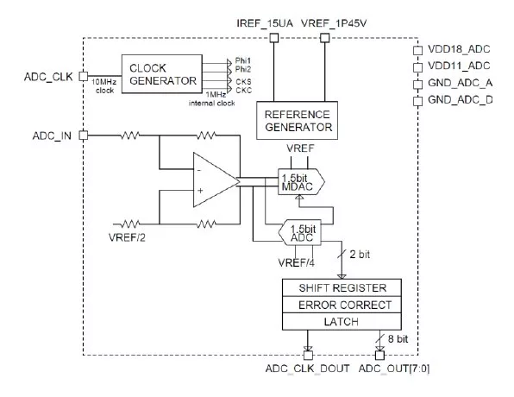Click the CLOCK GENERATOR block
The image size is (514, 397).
(162, 74)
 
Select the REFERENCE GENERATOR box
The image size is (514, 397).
(297, 121)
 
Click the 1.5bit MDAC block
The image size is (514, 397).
(301, 182)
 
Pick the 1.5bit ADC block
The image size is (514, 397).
(299, 232)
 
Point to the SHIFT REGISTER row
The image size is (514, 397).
(342, 287)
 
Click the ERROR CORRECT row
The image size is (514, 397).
(342, 305)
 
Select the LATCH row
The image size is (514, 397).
(342, 322)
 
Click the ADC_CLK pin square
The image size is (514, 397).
(84, 76)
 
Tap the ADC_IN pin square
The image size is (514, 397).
(84, 135)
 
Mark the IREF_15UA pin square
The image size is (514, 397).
(274, 38)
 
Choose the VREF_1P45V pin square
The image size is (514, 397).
(324, 38)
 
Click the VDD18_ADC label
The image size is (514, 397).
(459, 49)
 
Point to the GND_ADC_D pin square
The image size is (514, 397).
(417, 101)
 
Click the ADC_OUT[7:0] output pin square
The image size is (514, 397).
(379, 356)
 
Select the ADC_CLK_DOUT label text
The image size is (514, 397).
(308, 369)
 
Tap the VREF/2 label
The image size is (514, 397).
(127, 237)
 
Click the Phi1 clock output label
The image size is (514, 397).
(243, 60)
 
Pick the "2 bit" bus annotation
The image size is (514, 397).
(360, 255)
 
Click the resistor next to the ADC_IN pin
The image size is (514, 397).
(130, 135)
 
